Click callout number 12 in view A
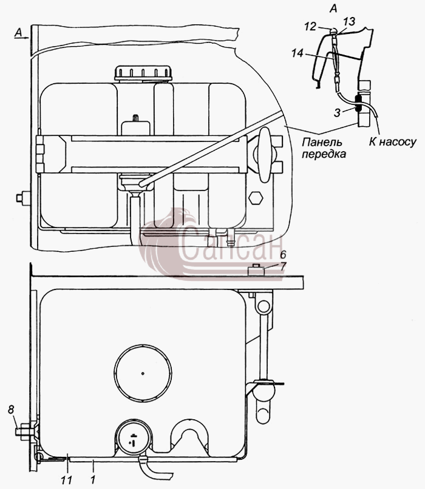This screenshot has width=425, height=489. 310,27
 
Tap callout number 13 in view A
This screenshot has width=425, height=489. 349,21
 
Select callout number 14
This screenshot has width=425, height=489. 297,53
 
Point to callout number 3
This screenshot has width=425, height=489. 337,113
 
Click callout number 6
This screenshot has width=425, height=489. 283,255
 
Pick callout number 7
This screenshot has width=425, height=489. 283,266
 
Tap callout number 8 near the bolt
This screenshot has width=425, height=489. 12,410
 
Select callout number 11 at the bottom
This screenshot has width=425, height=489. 67,480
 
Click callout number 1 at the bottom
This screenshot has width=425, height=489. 93,480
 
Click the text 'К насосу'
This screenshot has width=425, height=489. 393,142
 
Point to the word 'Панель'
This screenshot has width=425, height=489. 322,142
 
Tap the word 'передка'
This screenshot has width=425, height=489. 324,154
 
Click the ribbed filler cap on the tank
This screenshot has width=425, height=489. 143,73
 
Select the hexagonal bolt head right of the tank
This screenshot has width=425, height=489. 256,198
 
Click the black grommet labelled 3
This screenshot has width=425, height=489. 358,104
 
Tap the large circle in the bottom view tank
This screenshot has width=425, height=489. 143,373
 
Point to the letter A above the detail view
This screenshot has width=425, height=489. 333,8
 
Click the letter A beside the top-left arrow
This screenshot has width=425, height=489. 18,33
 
